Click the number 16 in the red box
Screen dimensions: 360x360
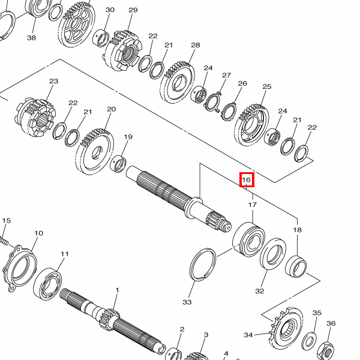click(247, 179)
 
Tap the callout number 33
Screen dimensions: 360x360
click(187, 302)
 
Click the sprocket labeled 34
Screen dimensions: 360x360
click(287, 329)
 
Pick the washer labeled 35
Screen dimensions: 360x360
click(309, 341)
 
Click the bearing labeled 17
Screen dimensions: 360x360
click(248, 239)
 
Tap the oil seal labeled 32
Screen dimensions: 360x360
click(273, 254)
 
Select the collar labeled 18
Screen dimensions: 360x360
click(296, 266)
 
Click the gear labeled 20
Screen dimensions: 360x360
click(94, 151)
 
